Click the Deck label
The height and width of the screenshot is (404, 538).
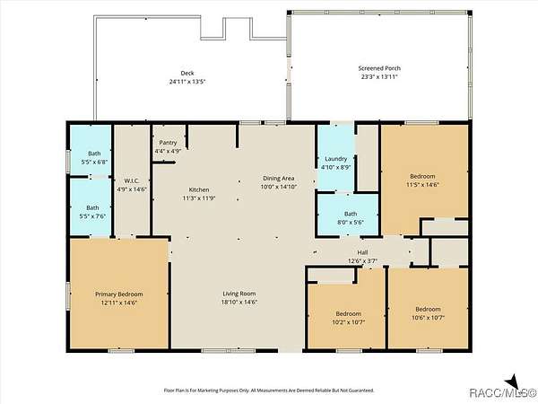pos(187,73)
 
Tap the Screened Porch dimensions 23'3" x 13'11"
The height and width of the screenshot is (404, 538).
pos(379,77)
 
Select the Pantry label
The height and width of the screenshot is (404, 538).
pos(168,142)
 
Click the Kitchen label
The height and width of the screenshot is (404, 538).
pos(199,189)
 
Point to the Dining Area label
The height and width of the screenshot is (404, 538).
pos(279,179)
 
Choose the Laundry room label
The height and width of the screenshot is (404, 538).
pos(336,159)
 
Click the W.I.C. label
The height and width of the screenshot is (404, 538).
pos(132,180)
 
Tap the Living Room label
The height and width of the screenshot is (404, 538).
pos(239,294)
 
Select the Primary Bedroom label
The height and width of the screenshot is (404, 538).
pos(118,294)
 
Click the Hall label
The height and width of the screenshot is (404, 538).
pos(362,252)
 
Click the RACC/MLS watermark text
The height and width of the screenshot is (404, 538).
pos(502,392)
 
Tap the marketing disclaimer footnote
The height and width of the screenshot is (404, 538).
pos(269,391)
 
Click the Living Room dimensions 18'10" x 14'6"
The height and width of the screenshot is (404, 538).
pos(239,303)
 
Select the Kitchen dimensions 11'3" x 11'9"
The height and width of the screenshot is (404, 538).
pos(199,198)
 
